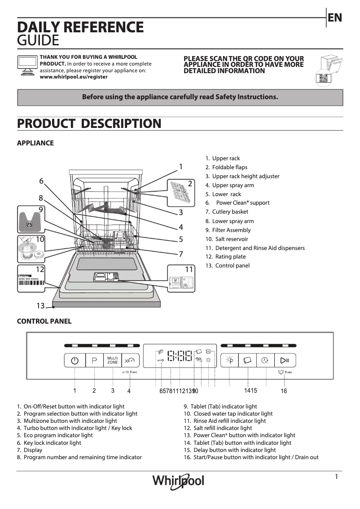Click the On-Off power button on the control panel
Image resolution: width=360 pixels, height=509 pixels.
pos(75,360)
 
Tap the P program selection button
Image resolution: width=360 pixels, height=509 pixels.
pos(94,360)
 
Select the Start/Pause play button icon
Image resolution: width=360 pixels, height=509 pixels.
pos(285,360)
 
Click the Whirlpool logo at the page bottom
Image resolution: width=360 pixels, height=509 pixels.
pos(178,481)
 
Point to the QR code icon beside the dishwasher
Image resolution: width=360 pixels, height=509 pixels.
pos(323,78)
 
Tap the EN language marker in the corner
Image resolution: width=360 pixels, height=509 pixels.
pos(335,18)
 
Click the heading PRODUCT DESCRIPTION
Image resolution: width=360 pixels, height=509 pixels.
pos(89,123)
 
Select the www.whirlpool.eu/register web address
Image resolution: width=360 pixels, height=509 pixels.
pos(74,77)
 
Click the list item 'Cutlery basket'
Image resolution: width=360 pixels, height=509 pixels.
pos(230,212)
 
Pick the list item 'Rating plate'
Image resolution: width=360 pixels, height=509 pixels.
pos(230,257)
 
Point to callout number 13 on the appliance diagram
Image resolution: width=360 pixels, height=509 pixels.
pos(40,306)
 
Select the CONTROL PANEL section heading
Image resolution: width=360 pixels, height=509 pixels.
pos(44,321)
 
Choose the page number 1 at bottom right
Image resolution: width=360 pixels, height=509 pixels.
pos(336,477)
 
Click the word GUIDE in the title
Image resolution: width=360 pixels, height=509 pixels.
pos(38,41)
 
